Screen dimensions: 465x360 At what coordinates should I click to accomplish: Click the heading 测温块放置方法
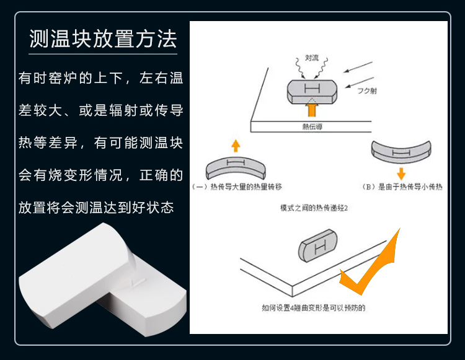[x=104, y=39]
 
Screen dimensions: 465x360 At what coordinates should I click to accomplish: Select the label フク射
[x=367, y=90]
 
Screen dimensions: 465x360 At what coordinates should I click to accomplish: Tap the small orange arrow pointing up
[x=235, y=146]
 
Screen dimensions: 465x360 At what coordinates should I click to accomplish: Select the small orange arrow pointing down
[x=401, y=173]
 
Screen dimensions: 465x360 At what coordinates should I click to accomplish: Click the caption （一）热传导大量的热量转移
[x=238, y=187]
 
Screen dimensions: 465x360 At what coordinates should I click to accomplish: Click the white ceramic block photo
[x=99, y=279]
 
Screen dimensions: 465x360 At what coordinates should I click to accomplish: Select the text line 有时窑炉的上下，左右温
[x=101, y=79]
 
